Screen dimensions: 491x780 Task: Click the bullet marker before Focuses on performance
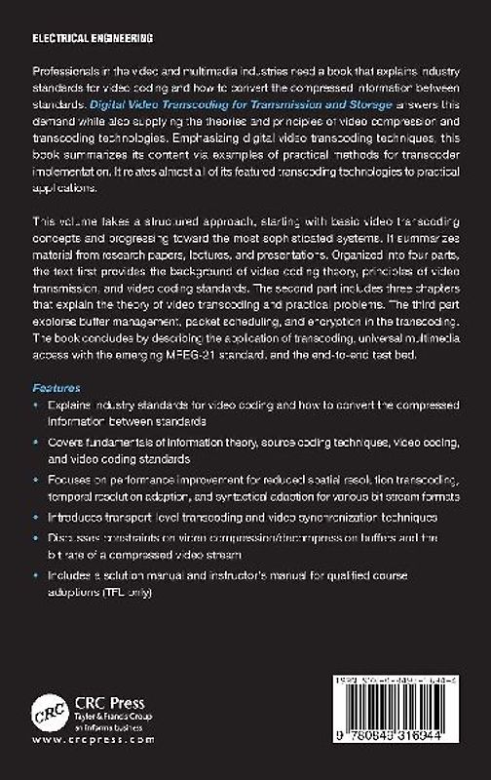click(39, 482)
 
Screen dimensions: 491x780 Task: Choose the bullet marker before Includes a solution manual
click(39, 577)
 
